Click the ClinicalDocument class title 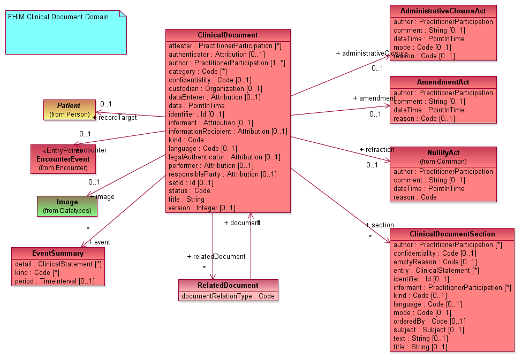228,35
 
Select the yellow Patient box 70,110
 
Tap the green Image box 67,206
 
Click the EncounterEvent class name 63,159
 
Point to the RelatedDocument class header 228,285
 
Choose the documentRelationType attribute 228,296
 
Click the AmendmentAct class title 443,82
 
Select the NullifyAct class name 443,152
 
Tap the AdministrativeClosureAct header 443,11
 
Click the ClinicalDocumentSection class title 452,234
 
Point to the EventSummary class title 58,253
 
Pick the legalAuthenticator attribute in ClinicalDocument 224,157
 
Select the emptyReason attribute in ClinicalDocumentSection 435,262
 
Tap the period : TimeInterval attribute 55,281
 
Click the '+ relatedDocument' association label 216,257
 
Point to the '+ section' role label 380,225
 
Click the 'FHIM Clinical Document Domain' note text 58,17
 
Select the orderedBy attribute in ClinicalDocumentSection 429,321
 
